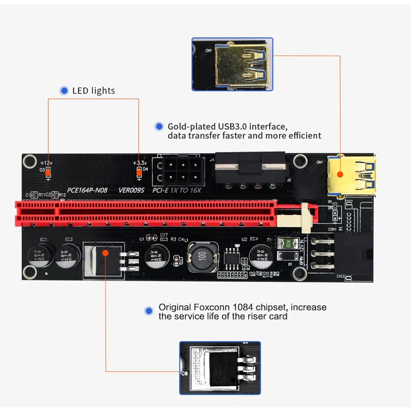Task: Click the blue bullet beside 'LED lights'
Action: tap(64, 91)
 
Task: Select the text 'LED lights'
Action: tap(94, 91)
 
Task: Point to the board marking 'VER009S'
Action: tap(132, 190)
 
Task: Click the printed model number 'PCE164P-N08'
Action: tap(88, 190)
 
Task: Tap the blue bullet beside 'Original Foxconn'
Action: tap(149, 311)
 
